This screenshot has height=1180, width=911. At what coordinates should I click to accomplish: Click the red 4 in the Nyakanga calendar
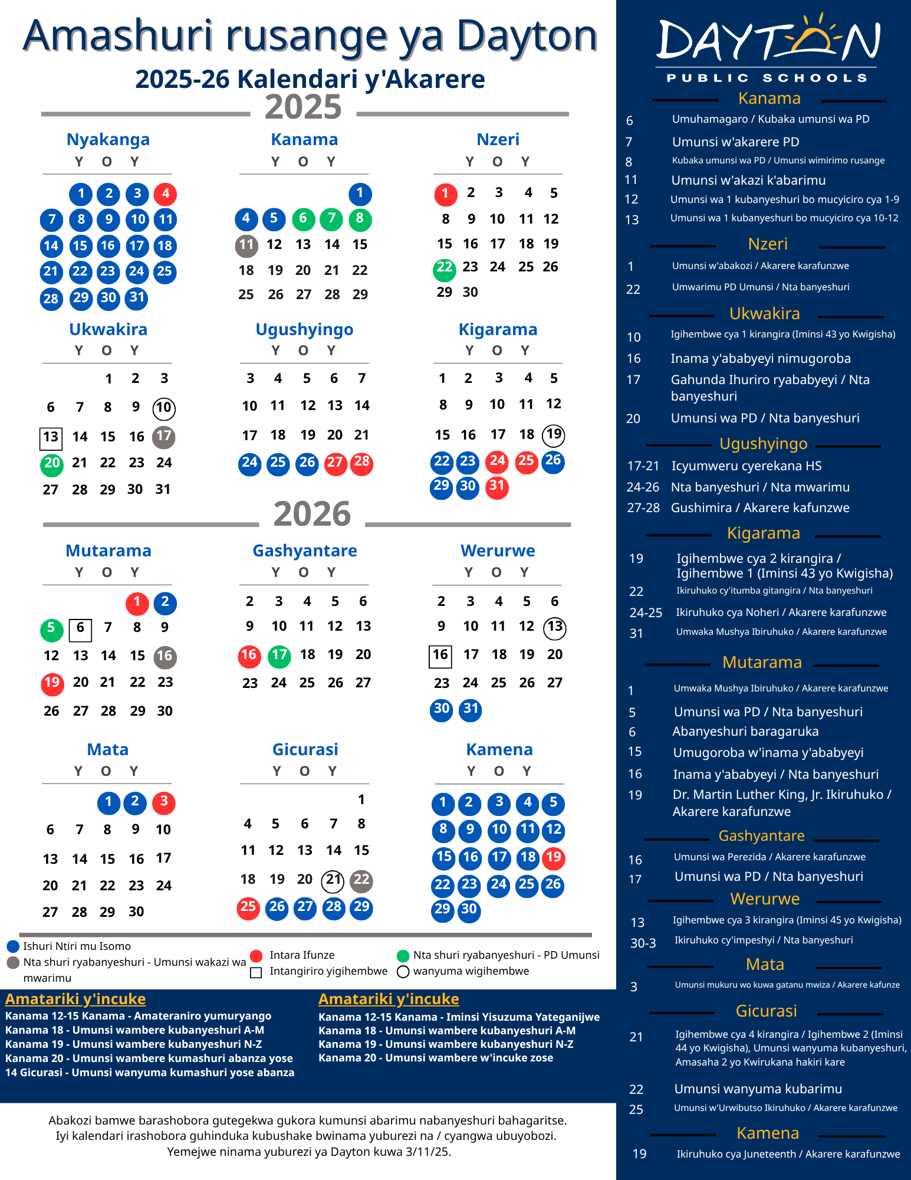[x=166, y=194]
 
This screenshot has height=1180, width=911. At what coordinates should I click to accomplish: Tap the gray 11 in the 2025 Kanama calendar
[x=246, y=245]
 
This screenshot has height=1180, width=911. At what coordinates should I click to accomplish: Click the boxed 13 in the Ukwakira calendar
[x=51, y=437]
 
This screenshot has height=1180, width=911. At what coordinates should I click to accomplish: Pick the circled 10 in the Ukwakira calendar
[x=164, y=408]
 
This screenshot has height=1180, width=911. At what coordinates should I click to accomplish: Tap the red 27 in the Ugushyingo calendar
[x=336, y=463]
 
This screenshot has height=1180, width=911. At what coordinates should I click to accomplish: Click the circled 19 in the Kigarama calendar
[x=554, y=435]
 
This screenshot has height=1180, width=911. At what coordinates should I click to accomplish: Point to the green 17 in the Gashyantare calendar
[x=279, y=656]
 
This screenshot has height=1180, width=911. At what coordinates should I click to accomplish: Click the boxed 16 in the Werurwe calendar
[x=440, y=655]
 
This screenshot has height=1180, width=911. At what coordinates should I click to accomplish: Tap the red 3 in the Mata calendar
[x=164, y=802]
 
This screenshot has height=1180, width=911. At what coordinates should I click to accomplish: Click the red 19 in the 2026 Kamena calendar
[x=554, y=857]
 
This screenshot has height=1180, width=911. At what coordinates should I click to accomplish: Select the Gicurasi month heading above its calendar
[x=305, y=749]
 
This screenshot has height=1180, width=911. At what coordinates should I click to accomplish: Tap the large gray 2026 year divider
[x=312, y=514]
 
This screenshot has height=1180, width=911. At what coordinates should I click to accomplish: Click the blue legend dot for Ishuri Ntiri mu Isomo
[x=13, y=946]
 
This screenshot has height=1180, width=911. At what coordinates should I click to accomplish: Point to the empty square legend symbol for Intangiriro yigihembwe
[x=256, y=972]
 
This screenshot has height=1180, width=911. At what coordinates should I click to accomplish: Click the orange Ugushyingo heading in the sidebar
[x=764, y=444]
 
